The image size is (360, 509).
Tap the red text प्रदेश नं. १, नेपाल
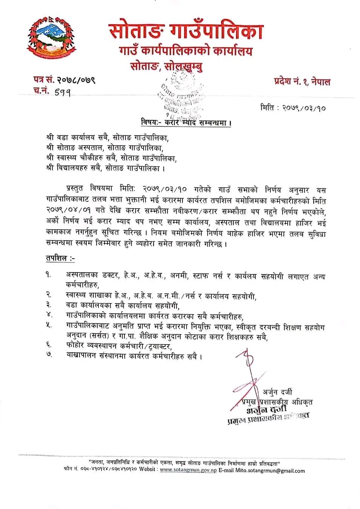[302, 81]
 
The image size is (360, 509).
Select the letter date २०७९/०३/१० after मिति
[303, 108]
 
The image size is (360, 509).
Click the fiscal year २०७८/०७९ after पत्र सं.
[75, 80]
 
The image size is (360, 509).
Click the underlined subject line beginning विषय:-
[186, 123]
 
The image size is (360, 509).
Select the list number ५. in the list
[49, 325]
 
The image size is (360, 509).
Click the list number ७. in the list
[49, 354]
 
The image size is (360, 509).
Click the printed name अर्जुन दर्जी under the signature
[277, 392]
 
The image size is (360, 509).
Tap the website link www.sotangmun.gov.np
[188, 470]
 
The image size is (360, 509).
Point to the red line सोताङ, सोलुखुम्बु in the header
[166, 66]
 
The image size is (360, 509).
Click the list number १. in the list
[49, 275]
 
